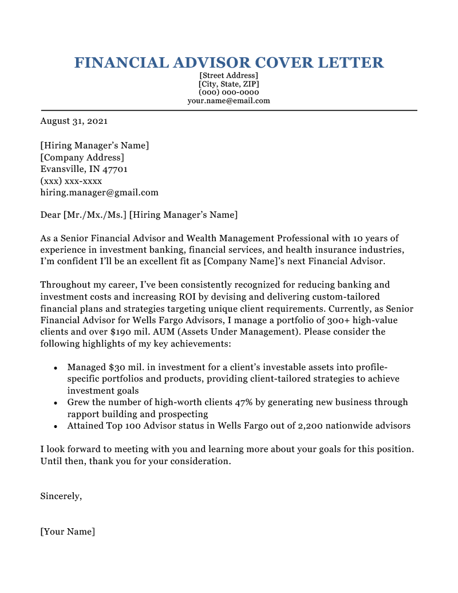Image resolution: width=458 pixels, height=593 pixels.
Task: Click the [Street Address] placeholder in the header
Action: point(228,76)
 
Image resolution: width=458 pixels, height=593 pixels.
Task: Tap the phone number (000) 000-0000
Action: point(228,92)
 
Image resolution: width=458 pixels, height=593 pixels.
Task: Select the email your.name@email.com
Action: point(228,101)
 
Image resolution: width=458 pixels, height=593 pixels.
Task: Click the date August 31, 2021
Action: point(74,121)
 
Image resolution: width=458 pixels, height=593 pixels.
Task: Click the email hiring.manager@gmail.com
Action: point(99,193)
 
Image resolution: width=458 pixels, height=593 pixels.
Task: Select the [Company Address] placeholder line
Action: point(82,158)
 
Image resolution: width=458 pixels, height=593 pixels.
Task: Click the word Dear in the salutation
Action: point(50,215)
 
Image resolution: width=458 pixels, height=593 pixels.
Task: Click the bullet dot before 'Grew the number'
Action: point(55,403)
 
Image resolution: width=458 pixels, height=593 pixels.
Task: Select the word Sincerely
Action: point(61,497)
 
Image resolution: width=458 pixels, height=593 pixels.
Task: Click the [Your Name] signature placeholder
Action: point(68,532)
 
